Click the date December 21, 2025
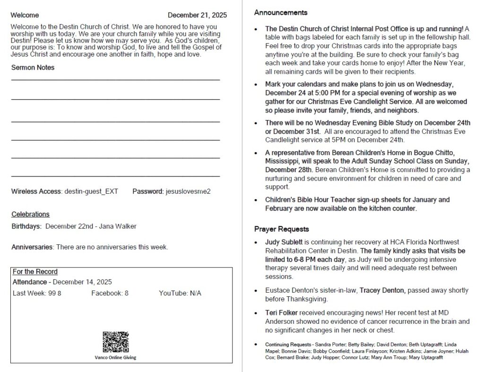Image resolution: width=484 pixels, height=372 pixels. click(x=197, y=15)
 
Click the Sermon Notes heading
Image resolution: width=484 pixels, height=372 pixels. click(x=33, y=68)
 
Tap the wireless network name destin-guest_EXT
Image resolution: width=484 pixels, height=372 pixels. click(x=91, y=191)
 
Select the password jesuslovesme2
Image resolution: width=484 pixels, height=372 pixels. click(x=188, y=191)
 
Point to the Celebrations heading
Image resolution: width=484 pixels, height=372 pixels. click(x=30, y=214)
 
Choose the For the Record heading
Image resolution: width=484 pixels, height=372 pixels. click(x=35, y=272)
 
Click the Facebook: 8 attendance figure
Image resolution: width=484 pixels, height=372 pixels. click(x=110, y=294)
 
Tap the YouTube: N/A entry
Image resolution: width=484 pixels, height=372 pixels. click(x=180, y=294)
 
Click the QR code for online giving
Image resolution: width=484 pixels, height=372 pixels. click(x=115, y=342)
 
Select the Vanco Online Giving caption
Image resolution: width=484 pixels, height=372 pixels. click(x=115, y=357)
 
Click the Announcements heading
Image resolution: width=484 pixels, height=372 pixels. click(x=280, y=13)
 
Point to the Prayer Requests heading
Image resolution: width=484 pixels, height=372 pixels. click(x=281, y=229)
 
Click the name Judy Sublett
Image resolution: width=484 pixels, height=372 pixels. click(x=283, y=242)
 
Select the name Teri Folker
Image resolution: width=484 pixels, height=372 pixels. click(x=281, y=313)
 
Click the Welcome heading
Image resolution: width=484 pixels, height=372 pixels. click(x=25, y=15)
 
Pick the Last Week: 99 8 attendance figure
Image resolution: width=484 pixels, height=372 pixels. click(x=37, y=294)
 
